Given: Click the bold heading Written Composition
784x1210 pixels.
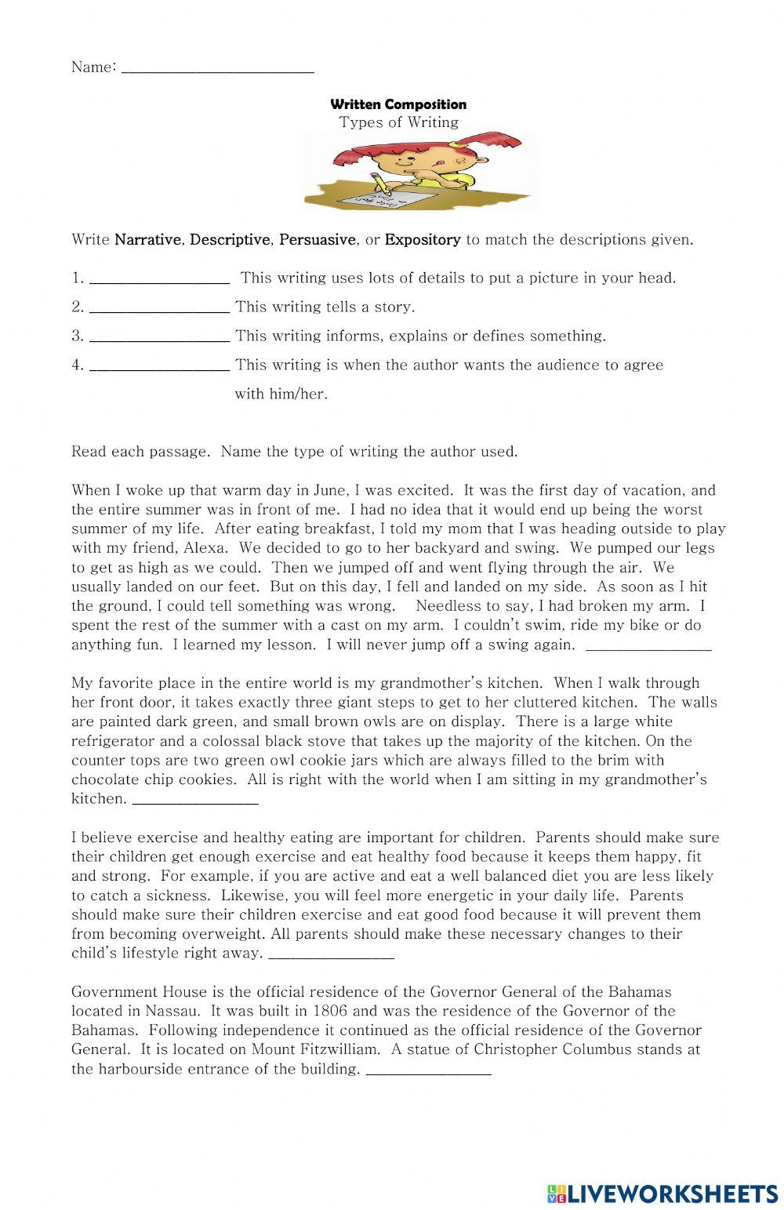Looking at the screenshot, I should click(x=398, y=104).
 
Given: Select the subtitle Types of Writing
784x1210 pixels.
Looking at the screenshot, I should click(x=398, y=122).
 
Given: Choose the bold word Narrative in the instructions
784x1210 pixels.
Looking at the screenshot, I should click(x=147, y=240).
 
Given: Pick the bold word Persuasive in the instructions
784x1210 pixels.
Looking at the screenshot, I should click(x=318, y=240).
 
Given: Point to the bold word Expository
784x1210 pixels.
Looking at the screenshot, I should click(x=423, y=240).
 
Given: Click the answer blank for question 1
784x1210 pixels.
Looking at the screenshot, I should click(x=160, y=281).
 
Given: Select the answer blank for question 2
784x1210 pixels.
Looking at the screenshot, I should click(x=160, y=310).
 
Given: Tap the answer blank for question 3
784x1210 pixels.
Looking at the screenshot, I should click(x=160, y=339).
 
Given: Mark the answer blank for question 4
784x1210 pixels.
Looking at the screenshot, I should click(x=160, y=368).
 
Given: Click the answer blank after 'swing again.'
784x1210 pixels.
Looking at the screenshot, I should click(x=648, y=647).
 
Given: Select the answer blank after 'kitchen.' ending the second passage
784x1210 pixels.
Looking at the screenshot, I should click(x=195, y=801).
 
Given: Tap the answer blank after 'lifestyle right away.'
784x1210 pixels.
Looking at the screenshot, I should click(x=331, y=955).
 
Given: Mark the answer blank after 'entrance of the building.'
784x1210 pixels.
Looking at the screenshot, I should click(x=429, y=1071).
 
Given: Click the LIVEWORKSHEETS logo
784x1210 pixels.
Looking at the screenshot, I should click(x=662, y=1193).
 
